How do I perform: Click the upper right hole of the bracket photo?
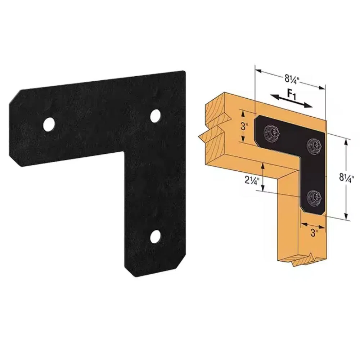tap(155, 115)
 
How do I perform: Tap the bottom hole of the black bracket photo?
tap(155, 236)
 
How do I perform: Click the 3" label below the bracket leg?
tap(314, 233)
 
